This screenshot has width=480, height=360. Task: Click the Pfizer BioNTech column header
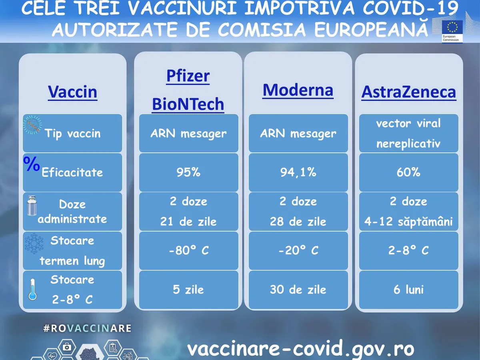188,90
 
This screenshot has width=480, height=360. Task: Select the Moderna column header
298,90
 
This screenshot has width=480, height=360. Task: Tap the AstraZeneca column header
409,92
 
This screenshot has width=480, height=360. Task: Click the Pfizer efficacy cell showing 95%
188,172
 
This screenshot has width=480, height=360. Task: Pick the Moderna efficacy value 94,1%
298,172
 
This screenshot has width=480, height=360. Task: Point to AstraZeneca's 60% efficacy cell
408,172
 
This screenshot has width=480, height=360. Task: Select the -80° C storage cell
188,250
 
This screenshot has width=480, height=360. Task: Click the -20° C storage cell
298,250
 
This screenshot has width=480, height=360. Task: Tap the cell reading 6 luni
408,290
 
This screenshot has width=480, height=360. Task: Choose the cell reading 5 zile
188,290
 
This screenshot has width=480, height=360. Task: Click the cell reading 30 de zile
298,290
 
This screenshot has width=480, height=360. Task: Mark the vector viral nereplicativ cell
408,133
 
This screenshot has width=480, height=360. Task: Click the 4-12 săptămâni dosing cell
408,211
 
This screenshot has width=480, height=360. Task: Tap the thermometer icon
32,289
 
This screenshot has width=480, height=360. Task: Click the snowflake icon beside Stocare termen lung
34,243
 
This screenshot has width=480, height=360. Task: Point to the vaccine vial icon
32,206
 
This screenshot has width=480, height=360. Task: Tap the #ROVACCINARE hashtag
88,328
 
